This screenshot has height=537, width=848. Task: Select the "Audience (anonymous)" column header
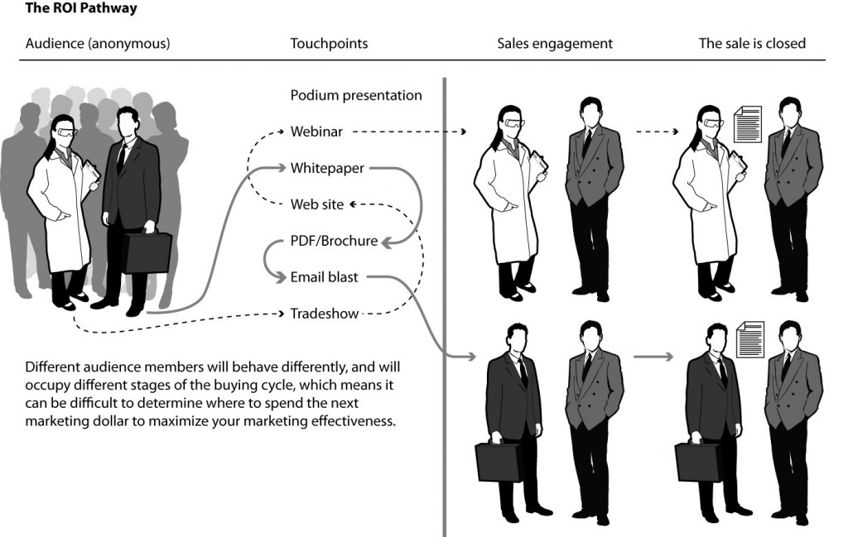coord(98,43)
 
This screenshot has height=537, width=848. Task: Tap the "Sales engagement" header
coord(555,43)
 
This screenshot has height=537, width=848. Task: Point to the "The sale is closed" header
coord(752,43)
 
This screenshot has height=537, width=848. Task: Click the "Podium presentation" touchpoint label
coord(356,95)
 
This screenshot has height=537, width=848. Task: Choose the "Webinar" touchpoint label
coord(316,132)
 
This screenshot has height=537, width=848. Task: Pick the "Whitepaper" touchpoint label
coord(327,168)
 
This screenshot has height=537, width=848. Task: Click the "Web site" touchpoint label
coord(317,204)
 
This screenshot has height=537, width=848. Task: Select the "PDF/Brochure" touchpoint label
coord(334,241)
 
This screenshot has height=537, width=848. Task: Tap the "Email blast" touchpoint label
coord(324,277)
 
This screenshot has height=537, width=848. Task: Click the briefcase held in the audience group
coord(147,252)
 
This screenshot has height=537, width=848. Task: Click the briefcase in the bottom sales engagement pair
coord(498,461)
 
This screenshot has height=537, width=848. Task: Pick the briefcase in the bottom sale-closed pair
coord(698,461)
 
